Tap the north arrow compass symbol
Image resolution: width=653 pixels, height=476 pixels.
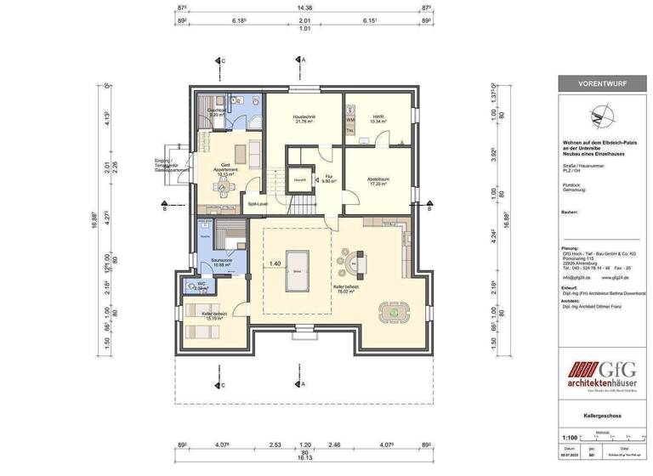603,115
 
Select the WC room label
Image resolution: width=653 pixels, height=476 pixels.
201,286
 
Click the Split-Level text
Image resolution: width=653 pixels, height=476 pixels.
258,205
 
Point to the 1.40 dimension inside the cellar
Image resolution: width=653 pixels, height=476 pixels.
275,264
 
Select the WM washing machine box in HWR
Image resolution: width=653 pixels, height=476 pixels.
349,120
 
